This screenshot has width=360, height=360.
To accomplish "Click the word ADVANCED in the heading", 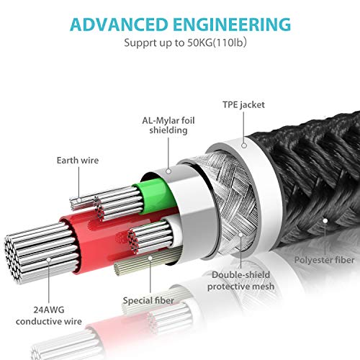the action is click(119, 24).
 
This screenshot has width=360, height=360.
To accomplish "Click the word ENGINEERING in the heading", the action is click(232, 24).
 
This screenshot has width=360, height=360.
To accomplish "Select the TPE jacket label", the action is click(243, 105).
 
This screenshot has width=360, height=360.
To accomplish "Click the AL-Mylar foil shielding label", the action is click(168, 125).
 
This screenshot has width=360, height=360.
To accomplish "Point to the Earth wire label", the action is click(78, 161).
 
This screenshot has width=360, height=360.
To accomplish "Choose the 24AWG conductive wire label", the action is click(49, 315).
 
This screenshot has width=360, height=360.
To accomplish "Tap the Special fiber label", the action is click(148, 300).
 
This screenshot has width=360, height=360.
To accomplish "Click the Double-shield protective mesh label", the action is click(240, 281).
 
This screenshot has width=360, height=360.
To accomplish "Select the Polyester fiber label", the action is click(324, 260).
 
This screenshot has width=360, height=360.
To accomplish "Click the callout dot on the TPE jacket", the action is click(244, 145).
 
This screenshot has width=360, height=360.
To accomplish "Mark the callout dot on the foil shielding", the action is click(168, 171).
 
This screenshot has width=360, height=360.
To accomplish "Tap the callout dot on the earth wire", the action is click(79, 200).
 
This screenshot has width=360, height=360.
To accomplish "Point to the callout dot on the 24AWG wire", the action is click(49, 260).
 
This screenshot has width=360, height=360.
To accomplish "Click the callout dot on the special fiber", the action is click(150, 258).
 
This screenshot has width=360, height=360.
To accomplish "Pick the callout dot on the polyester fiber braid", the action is click(325, 220).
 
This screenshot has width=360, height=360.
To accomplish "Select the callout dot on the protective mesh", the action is click(240, 235).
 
